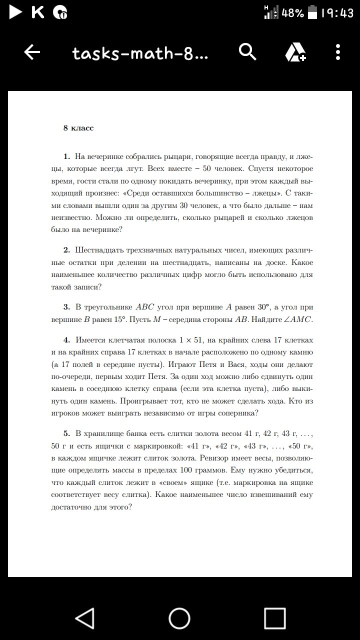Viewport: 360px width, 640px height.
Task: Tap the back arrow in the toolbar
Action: point(32,52)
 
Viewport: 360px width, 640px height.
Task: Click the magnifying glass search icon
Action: point(248,51)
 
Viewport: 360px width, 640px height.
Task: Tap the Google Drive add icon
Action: point(295,52)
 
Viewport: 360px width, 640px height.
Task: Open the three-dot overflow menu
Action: point(338,52)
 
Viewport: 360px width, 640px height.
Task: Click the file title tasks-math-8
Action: point(139,52)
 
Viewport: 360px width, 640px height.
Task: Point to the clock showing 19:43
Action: point(336,13)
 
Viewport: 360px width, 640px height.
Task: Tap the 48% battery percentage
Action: point(293,13)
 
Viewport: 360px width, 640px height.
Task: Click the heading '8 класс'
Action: point(78,128)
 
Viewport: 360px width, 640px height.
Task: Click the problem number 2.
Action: point(66,249)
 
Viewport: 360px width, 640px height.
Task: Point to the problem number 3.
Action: point(66,306)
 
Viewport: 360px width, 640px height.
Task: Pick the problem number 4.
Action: point(66,340)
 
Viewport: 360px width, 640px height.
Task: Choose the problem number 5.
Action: point(66,432)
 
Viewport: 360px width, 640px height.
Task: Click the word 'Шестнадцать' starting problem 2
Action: point(99,249)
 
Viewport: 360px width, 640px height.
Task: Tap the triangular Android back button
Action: point(84,618)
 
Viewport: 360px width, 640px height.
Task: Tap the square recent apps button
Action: point(274,618)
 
